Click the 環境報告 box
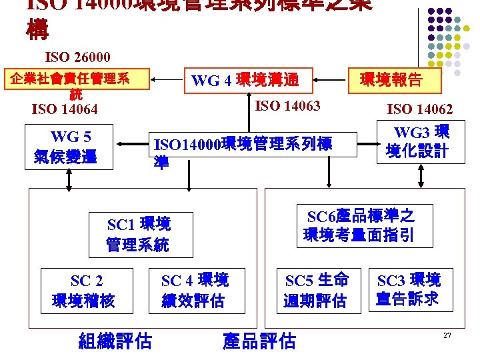(391, 80)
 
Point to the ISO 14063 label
(288, 105)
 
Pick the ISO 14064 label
(65, 109)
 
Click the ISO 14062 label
(420, 109)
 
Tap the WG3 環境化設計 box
(422, 141)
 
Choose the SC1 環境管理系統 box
(140, 234)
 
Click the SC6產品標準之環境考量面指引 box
(360, 225)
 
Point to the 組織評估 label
(115, 341)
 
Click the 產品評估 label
(259, 341)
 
